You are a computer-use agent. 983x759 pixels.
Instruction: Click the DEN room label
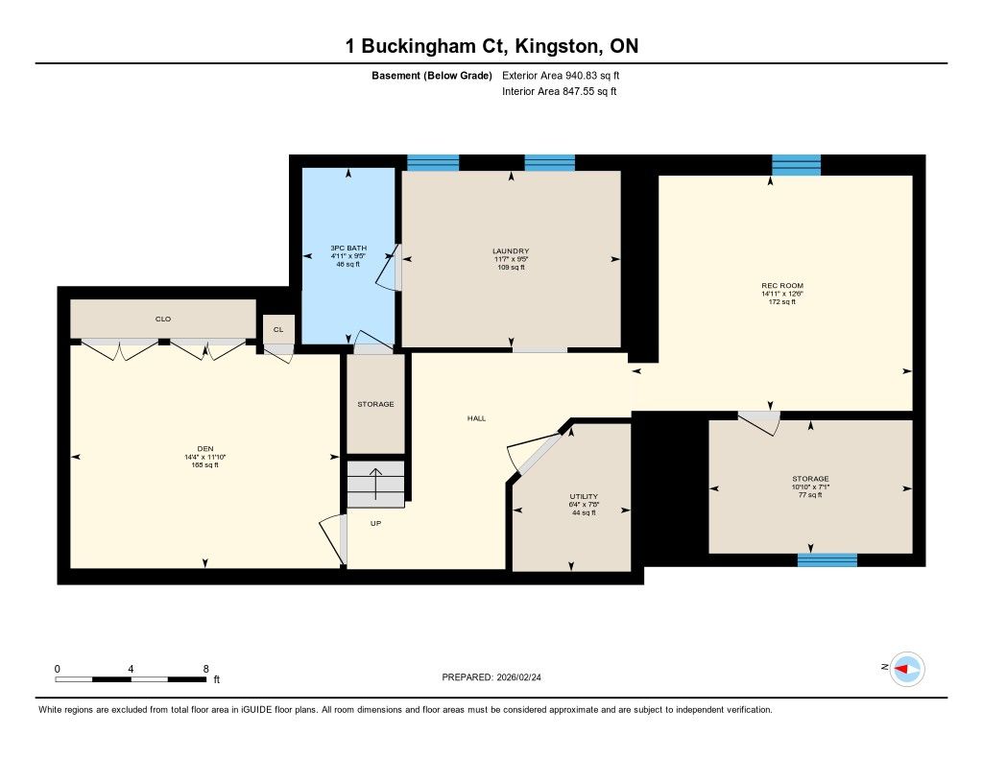tap(205, 449)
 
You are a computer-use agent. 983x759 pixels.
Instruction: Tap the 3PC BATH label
tap(348, 249)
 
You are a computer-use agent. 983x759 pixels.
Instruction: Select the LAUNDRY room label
tap(511, 251)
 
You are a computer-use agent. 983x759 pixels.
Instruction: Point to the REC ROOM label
tap(782, 286)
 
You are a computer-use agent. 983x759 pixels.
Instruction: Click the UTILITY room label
tap(584, 496)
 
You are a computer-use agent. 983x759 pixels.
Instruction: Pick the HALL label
tap(476, 418)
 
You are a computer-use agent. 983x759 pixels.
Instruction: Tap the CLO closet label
tap(163, 319)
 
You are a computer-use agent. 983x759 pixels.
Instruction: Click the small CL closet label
tap(278, 330)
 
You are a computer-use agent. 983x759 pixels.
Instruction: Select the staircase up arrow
tap(375, 484)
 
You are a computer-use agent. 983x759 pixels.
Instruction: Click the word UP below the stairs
tap(375, 523)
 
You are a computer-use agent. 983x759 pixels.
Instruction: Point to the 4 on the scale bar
tap(131, 670)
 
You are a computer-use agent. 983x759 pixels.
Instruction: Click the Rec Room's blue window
tap(796, 165)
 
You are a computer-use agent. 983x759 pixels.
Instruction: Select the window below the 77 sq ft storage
tap(827, 560)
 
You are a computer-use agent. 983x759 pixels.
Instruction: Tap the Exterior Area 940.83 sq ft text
tap(561, 75)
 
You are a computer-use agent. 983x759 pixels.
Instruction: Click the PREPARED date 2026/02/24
tap(518, 677)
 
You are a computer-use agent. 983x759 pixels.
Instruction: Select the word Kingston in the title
tap(554, 46)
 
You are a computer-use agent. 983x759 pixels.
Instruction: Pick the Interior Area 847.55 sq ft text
tap(560, 91)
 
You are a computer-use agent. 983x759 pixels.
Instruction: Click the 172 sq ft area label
tap(782, 302)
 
